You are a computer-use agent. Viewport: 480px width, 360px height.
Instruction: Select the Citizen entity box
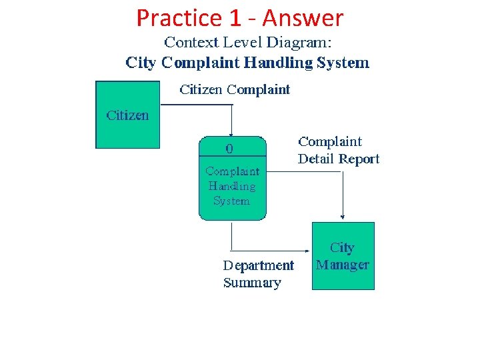(x=128, y=115)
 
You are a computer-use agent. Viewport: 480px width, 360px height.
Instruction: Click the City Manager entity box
(x=343, y=256)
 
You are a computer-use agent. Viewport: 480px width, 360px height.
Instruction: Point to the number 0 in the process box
(x=230, y=147)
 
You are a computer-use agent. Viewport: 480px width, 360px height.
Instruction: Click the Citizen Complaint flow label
(x=235, y=89)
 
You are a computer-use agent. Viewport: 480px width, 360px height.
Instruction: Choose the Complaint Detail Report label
(x=338, y=150)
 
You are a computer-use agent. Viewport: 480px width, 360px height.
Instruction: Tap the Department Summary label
(x=258, y=274)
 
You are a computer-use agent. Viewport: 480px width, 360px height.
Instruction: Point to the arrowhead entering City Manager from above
(x=343, y=216)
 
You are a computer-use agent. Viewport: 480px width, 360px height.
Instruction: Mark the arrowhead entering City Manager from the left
(x=309, y=253)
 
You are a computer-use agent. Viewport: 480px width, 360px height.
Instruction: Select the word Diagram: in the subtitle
(x=299, y=43)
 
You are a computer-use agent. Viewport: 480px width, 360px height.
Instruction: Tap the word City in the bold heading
(x=141, y=63)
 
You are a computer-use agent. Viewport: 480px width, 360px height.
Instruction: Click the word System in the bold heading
(x=342, y=63)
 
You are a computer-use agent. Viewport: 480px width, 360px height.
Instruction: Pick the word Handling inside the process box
(x=231, y=186)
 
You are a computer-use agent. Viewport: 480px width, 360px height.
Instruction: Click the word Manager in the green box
(x=343, y=265)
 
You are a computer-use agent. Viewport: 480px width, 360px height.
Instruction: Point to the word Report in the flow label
(x=359, y=159)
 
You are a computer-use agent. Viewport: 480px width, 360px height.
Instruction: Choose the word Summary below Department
(x=252, y=283)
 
